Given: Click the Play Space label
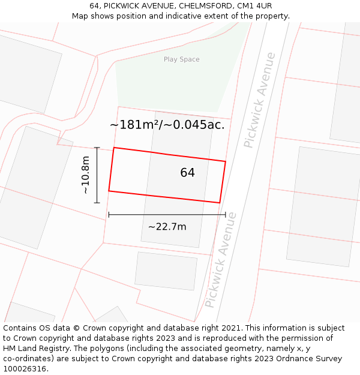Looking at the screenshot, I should (181, 59).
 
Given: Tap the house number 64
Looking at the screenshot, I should (187, 173).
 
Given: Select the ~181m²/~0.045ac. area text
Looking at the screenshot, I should (167, 125).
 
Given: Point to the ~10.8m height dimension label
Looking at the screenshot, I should (85, 175).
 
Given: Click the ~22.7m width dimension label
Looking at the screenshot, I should (167, 227).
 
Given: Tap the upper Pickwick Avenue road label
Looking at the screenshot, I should (260, 100).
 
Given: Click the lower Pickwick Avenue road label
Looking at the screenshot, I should (221, 260).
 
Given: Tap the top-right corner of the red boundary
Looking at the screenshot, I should (226, 161).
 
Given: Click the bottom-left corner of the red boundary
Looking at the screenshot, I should (109, 191).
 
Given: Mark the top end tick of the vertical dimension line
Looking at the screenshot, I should (97, 148).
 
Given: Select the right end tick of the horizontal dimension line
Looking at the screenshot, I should (226, 214).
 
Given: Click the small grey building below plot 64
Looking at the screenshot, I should (166, 271).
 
